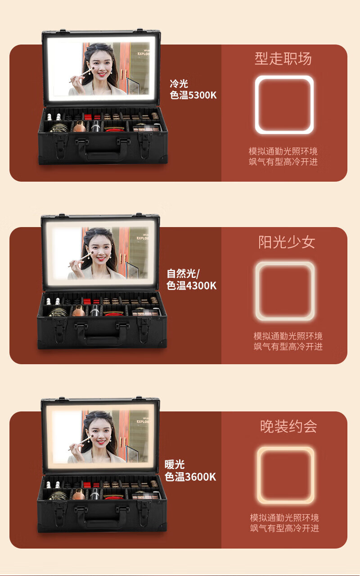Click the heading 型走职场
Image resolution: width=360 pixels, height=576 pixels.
coord(283,58)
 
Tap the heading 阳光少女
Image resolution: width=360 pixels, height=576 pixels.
coord(287,242)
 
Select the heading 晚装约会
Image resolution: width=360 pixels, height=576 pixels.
coord(288,426)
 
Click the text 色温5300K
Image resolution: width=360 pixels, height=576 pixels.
coord(193,95)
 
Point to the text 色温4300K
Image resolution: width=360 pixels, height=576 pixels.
coord(191,286)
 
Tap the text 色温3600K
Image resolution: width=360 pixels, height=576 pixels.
coord(190,477)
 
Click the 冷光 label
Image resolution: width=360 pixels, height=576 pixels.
coord(179,84)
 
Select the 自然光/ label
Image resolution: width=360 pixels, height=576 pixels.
coord(183,273)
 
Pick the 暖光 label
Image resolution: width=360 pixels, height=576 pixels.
coord(175,464)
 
